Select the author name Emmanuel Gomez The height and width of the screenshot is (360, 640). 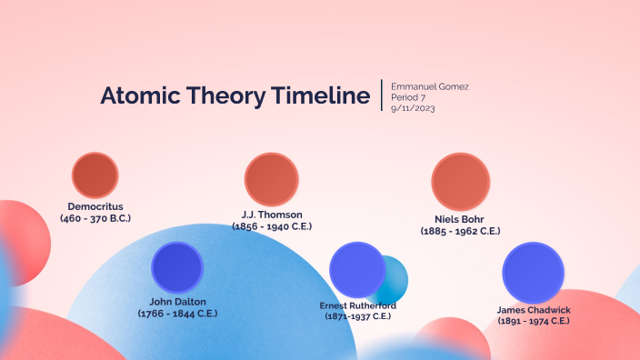pyautogui.click(x=430, y=86)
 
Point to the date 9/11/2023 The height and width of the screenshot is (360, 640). pyautogui.click(x=415, y=108)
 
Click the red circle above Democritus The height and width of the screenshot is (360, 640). pyautogui.click(x=95, y=175)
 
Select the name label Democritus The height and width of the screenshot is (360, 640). pyautogui.click(x=95, y=206)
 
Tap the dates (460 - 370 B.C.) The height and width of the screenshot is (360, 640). pyautogui.click(x=95, y=218)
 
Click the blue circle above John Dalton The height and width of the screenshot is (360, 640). pyautogui.click(x=177, y=266)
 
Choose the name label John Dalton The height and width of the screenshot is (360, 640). pyautogui.click(x=177, y=301)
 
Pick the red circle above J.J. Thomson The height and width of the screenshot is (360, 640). pyautogui.click(x=272, y=179)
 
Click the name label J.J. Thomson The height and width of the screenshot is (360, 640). pyautogui.click(x=272, y=215)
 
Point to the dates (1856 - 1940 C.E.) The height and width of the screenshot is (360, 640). pyautogui.click(x=272, y=226)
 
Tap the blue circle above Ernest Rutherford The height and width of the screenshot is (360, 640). pyautogui.click(x=357, y=269)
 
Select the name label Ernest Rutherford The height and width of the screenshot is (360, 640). pyautogui.click(x=358, y=305)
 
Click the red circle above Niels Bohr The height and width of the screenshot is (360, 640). pyautogui.click(x=461, y=182)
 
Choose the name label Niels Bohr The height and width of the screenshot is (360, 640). pyautogui.click(x=460, y=219)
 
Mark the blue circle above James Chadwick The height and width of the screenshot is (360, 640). pyautogui.click(x=535, y=273)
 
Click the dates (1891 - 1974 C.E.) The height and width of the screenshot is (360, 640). pyautogui.click(x=534, y=321)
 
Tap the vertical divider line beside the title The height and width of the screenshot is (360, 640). pyautogui.click(x=382, y=95)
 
